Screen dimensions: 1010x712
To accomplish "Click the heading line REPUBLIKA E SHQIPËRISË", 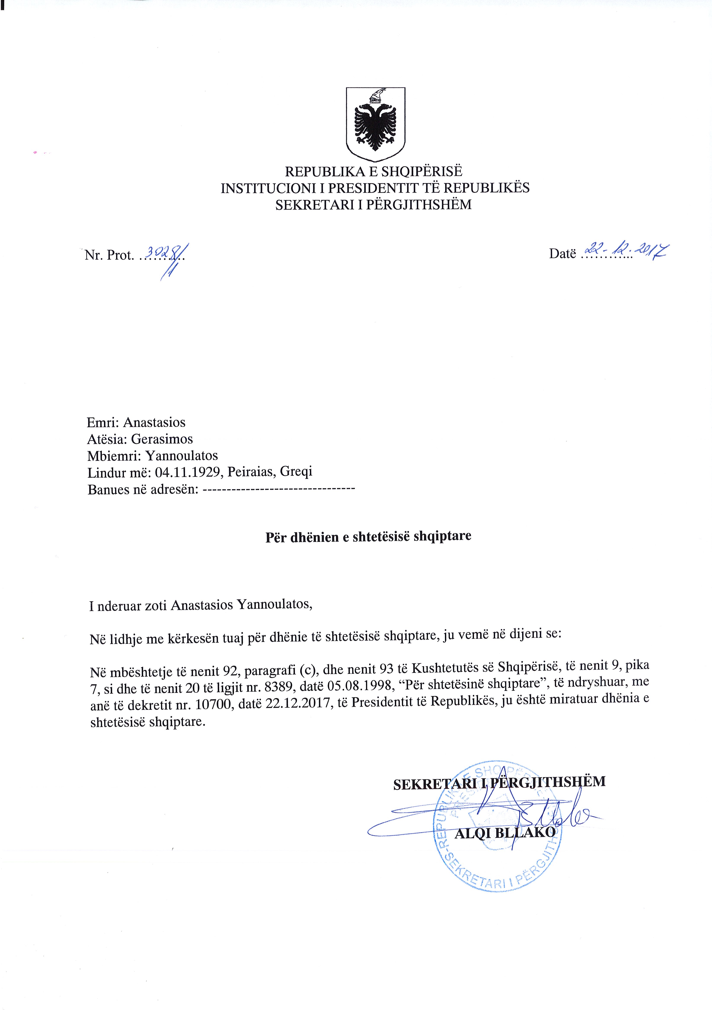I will click(374, 171).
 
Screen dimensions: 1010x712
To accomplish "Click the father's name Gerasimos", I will click(162, 439).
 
